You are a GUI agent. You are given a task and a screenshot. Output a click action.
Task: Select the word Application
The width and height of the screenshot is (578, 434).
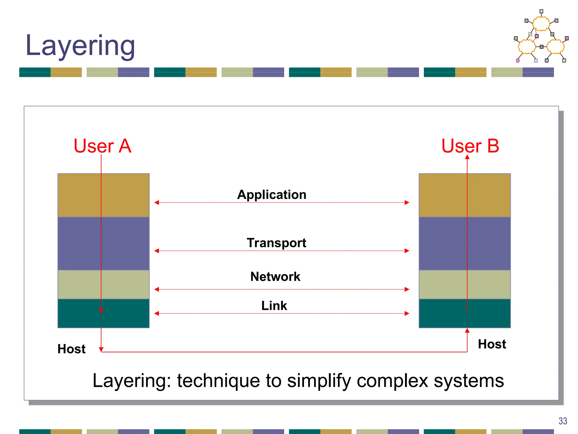272,195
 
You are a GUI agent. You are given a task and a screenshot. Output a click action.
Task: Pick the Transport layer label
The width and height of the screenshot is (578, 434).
276,243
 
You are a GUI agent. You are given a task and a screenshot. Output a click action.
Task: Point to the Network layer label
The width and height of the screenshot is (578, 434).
275,276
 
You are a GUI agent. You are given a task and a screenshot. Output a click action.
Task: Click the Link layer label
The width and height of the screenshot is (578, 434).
274,305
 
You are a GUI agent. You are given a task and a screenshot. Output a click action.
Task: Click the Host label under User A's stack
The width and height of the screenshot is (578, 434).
71,349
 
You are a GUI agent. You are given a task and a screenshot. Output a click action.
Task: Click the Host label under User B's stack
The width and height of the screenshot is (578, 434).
492,344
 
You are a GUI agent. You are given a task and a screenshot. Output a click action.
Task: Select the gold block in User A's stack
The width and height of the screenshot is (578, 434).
79,195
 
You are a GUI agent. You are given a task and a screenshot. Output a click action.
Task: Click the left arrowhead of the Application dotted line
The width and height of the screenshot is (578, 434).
157,202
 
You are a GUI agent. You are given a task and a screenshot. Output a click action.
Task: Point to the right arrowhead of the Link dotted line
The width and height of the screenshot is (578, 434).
407,313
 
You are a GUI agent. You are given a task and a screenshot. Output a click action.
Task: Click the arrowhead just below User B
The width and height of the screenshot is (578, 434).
467,157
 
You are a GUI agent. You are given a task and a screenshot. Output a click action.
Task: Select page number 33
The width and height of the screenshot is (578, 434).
562,421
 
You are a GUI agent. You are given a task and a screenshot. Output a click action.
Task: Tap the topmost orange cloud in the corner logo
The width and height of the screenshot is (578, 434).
541,23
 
